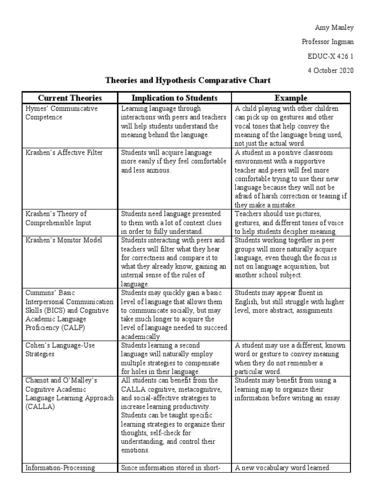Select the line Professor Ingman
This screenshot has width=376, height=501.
tap(328, 42)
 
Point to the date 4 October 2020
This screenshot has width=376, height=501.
tap(330, 70)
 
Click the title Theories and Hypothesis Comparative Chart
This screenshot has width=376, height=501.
tap(188, 80)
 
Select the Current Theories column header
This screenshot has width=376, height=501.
tap(70, 98)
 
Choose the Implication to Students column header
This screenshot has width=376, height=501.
tap(175, 98)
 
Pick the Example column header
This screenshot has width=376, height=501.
tap(291, 98)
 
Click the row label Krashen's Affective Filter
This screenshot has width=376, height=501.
tap(64, 153)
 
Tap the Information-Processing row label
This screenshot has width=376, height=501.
tap(60, 468)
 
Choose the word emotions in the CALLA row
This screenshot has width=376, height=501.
tap(136, 451)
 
